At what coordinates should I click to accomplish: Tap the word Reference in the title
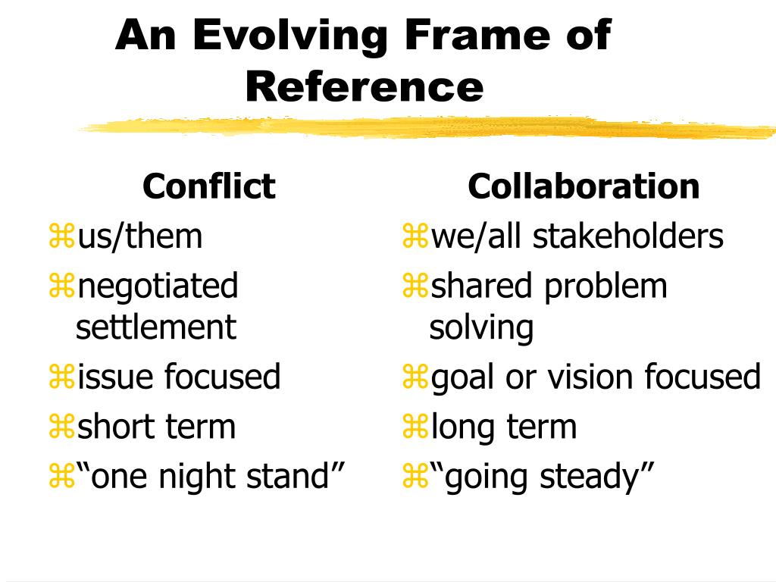pos(364,86)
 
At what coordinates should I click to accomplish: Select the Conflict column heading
pos(208,186)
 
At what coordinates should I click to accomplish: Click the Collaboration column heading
pos(584,186)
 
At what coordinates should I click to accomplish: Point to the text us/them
pos(140,236)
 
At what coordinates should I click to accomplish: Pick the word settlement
pos(156,328)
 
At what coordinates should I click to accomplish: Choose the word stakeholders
pos(628,236)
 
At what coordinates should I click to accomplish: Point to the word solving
pos(481,328)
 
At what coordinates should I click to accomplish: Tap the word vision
pos(591,377)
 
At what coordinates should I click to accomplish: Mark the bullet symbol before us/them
pos(61,237)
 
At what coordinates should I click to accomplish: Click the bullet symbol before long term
pos(415,427)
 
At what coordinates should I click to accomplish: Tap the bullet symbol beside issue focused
pos(61,377)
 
